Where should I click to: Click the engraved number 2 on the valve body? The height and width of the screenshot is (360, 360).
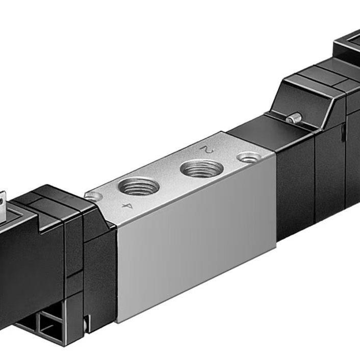point(208,149)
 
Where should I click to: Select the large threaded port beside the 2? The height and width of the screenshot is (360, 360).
point(202,169)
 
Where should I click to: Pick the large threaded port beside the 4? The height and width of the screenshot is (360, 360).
point(139,186)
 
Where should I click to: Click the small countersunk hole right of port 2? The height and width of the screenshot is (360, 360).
point(249,157)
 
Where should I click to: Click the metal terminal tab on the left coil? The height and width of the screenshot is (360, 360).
point(3,204)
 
